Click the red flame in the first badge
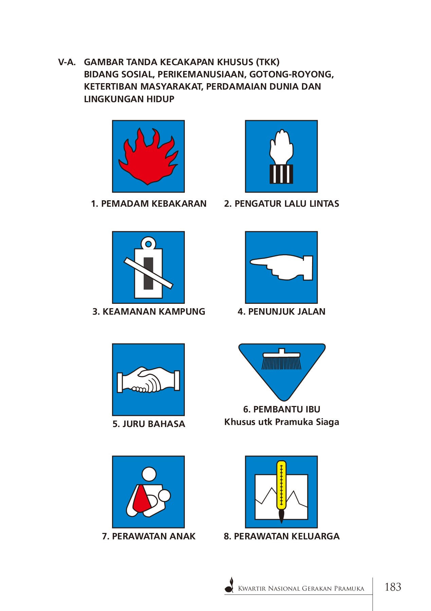pos(148,160)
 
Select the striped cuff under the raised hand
pos(281,174)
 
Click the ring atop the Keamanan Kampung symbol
pos(148,243)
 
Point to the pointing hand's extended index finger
pos(262,262)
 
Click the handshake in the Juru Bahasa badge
pos(148,380)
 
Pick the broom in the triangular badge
pos(282,359)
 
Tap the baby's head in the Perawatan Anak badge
pos(164,496)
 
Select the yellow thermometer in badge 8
pos(281,485)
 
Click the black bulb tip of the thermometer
pos(281,516)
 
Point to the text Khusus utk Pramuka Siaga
pos(282,422)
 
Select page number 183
pos(393,587)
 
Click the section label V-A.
pos(67,62)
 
